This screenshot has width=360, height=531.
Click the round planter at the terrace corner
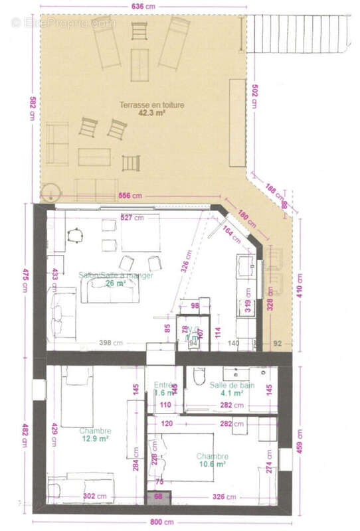(49, 193)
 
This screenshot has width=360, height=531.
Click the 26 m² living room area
(116, 283)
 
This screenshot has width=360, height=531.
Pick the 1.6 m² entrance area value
(163, 393)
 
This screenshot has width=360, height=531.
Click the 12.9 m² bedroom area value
(94, 439)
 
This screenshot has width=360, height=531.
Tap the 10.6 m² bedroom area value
(213, 465)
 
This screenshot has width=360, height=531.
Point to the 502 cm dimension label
(253, 97)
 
